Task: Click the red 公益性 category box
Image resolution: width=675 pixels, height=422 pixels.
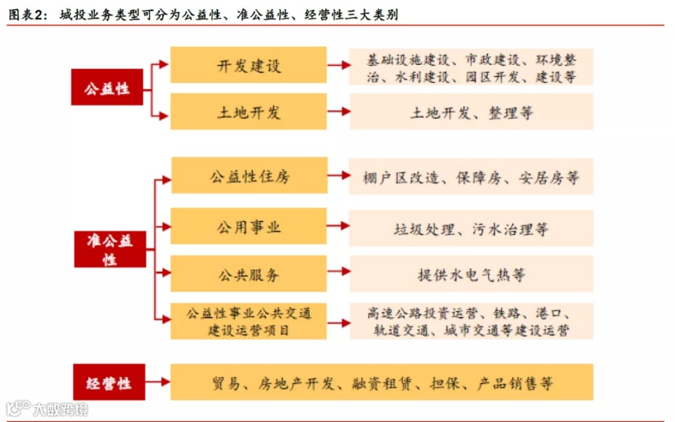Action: (x=107, y=88)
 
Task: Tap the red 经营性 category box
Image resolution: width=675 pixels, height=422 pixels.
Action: (x=107, y=383)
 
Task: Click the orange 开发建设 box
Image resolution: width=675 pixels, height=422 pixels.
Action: (x=248, y=66)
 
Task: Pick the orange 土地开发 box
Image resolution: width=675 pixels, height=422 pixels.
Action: (x=248, y=112)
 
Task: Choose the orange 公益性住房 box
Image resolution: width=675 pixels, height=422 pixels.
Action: (x=248, y=177)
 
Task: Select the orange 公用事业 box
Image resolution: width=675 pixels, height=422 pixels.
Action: (x=248, y=226)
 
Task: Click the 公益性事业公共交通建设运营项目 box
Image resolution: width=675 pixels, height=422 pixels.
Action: (x=248, y=321)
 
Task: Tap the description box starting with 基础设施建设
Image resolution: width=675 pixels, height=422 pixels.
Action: (x=471, y=67)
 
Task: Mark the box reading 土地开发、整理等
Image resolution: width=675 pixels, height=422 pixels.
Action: (x=471, y=112)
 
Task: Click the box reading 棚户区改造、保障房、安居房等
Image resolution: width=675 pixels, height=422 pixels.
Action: (x=471, y=178)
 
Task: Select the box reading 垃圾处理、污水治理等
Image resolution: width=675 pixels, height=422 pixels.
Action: (x=471, y=226)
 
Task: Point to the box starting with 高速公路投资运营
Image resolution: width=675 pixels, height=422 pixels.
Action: (x=471, y=321)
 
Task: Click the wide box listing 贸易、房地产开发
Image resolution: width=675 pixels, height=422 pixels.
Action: (x=382, y=383)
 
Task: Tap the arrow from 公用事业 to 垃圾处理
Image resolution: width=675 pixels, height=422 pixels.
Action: (x=339, y=226)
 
